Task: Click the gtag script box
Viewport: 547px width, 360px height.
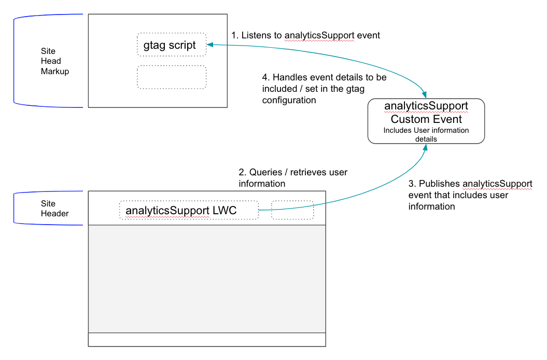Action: tap(171, 45)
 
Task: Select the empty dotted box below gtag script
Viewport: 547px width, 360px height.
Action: tap(171, 77)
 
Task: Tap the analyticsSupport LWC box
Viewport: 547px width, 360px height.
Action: tap(188, 210)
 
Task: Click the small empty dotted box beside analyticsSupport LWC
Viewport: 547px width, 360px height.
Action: tap(292, 210)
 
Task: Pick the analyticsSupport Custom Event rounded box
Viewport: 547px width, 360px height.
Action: tap(426, 121)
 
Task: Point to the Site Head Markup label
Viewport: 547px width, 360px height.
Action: tap(54, 61)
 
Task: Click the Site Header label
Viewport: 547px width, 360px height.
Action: tap(54, 209)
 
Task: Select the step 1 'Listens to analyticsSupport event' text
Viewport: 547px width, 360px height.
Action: tap(305, 35)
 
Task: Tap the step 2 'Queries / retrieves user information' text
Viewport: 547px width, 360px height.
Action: tap(293, 178)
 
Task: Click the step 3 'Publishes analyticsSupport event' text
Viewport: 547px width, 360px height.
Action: tap(470, 195)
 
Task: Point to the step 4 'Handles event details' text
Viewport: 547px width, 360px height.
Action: tap(324, 89)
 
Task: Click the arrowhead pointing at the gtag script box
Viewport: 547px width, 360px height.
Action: tap(210, 45)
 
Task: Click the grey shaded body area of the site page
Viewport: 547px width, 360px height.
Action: tap(207, 279)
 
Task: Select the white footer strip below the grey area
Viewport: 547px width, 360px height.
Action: tap(207, 339)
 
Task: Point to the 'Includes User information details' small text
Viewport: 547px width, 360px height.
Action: tap(426, 134)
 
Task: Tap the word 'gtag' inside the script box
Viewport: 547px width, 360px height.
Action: tap(155, 46)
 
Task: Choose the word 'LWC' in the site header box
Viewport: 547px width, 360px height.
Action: tap(225, 211)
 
